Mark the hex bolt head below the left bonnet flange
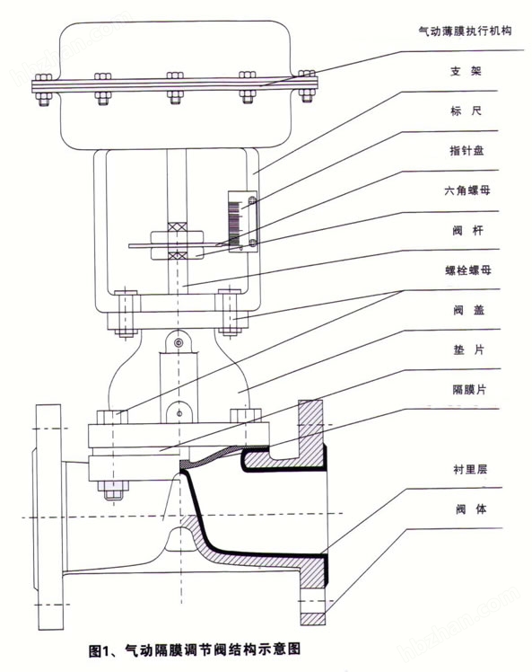tap(112, 491)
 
